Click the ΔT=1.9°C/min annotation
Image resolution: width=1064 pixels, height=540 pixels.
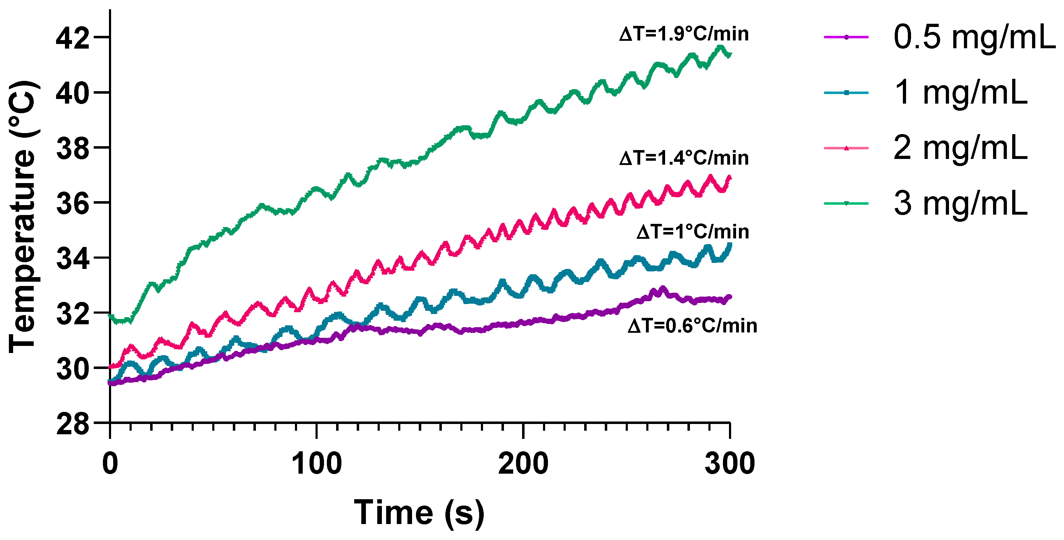point(684,34)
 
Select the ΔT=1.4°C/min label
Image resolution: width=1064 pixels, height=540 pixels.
point(684,158)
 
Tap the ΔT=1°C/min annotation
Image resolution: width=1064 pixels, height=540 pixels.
point(693,232)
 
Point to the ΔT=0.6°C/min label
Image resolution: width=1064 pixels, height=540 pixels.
point(692,326)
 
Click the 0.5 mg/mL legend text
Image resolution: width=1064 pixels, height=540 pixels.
point(974,37)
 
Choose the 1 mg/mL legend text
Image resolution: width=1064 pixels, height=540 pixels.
point(960,93)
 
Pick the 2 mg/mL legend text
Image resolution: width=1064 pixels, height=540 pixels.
point(960,148)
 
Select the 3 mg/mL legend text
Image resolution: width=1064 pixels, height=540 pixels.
point(960,204)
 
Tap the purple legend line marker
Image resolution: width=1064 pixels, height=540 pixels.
point(846,37)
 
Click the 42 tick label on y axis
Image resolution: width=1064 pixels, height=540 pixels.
point(73,39)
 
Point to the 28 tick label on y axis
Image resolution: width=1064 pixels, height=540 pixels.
point(73,424)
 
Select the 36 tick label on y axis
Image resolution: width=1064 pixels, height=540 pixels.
point(73,204)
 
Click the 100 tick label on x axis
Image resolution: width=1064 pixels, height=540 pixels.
point(316,464)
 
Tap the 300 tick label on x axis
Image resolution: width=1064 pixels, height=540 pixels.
point(729,464)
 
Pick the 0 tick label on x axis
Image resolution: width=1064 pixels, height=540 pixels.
point(110,464)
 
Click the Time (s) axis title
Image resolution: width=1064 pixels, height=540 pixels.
point(419,513)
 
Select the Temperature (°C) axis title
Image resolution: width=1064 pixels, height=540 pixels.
point(23,217)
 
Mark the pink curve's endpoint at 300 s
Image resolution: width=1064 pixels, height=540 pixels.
point(729,178)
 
